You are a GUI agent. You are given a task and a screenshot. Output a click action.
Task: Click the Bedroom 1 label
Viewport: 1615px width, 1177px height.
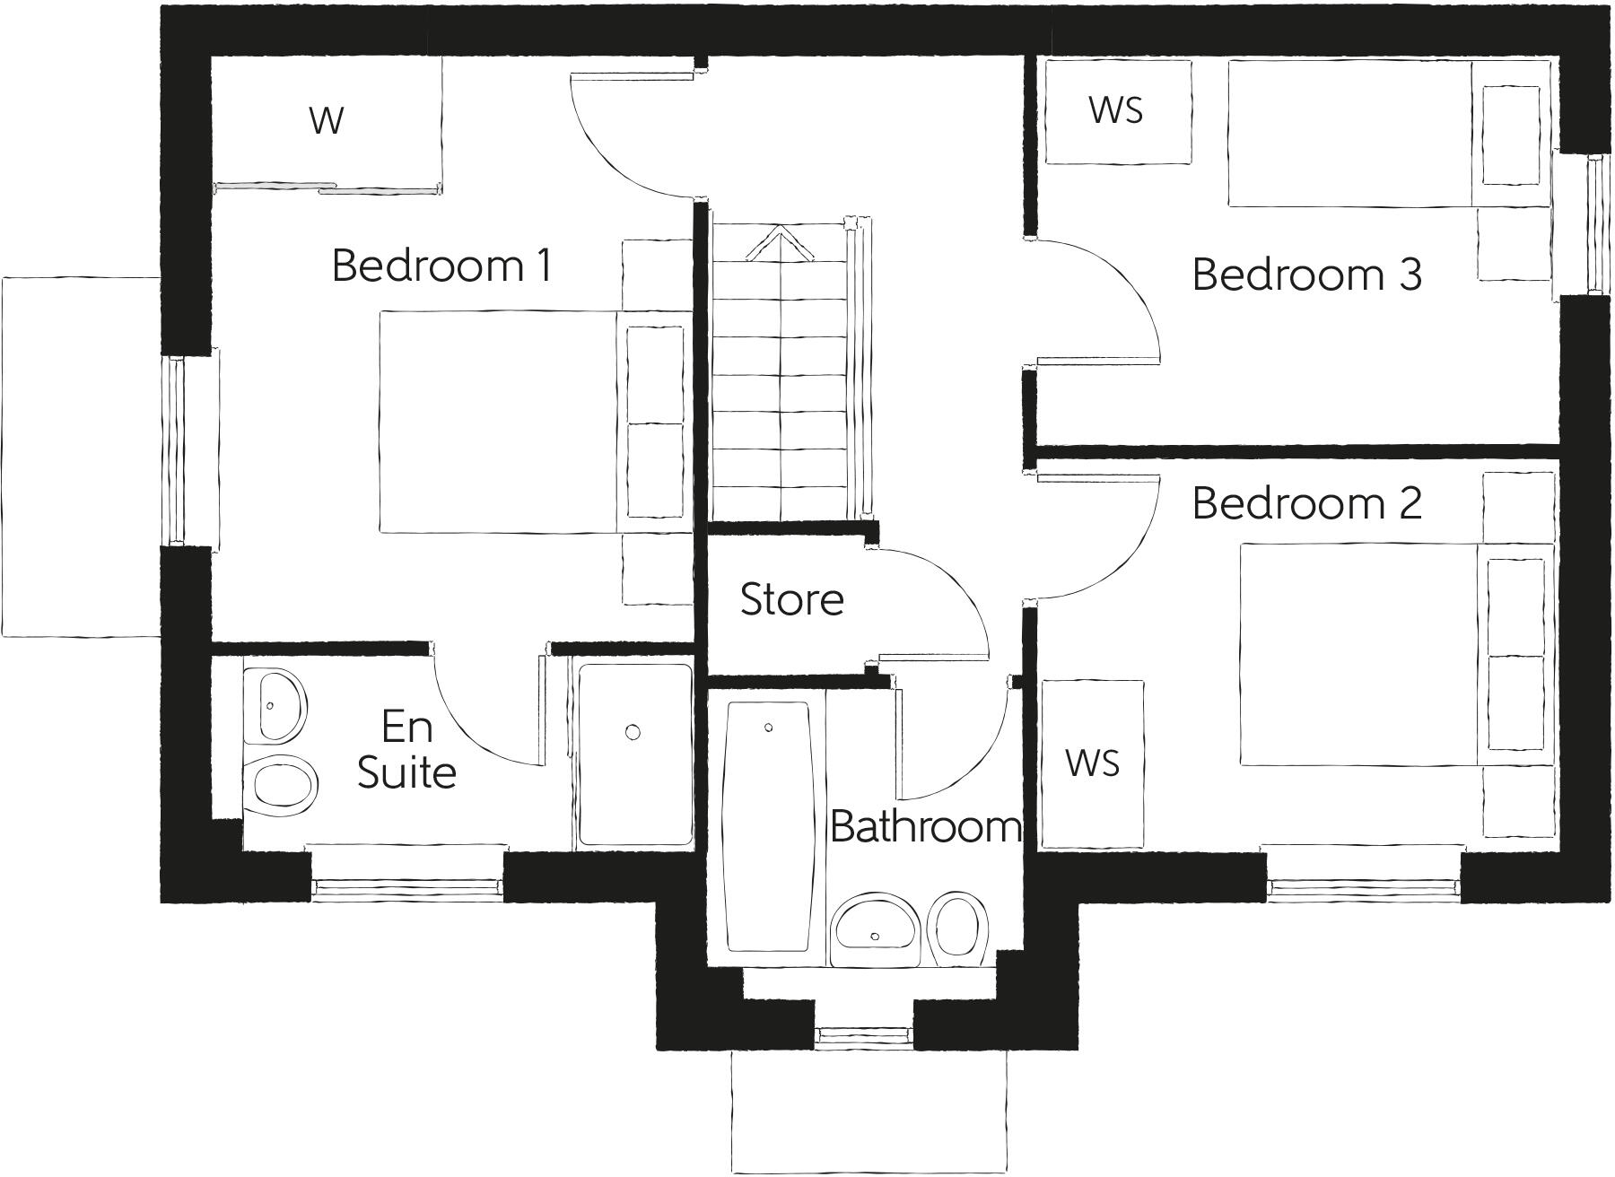(441, 266)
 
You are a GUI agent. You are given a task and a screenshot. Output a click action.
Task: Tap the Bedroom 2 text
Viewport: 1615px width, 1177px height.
(1306, 503)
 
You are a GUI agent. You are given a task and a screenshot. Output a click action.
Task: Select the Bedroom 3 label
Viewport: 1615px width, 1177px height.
(1306, 275)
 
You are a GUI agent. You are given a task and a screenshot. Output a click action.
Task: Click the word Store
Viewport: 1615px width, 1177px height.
(791, 599)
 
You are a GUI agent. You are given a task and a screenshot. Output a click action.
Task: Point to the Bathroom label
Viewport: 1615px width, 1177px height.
(925, 826)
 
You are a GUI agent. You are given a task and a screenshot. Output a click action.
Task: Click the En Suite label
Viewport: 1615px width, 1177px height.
(406, 750)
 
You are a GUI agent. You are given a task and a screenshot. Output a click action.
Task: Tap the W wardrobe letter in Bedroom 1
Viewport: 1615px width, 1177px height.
(326, 120)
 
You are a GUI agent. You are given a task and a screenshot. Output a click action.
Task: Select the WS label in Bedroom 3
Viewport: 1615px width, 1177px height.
(1115, 110)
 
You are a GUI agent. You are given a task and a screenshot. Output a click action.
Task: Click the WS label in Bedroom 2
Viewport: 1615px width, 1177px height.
(1092, 763)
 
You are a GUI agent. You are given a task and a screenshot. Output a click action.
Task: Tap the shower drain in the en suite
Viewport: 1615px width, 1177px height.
(633, 733)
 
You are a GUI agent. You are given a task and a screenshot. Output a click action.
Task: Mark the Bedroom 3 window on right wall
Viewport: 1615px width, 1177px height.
(1593, 224)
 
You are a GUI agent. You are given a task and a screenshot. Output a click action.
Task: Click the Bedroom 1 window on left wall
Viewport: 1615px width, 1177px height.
(177, 451)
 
